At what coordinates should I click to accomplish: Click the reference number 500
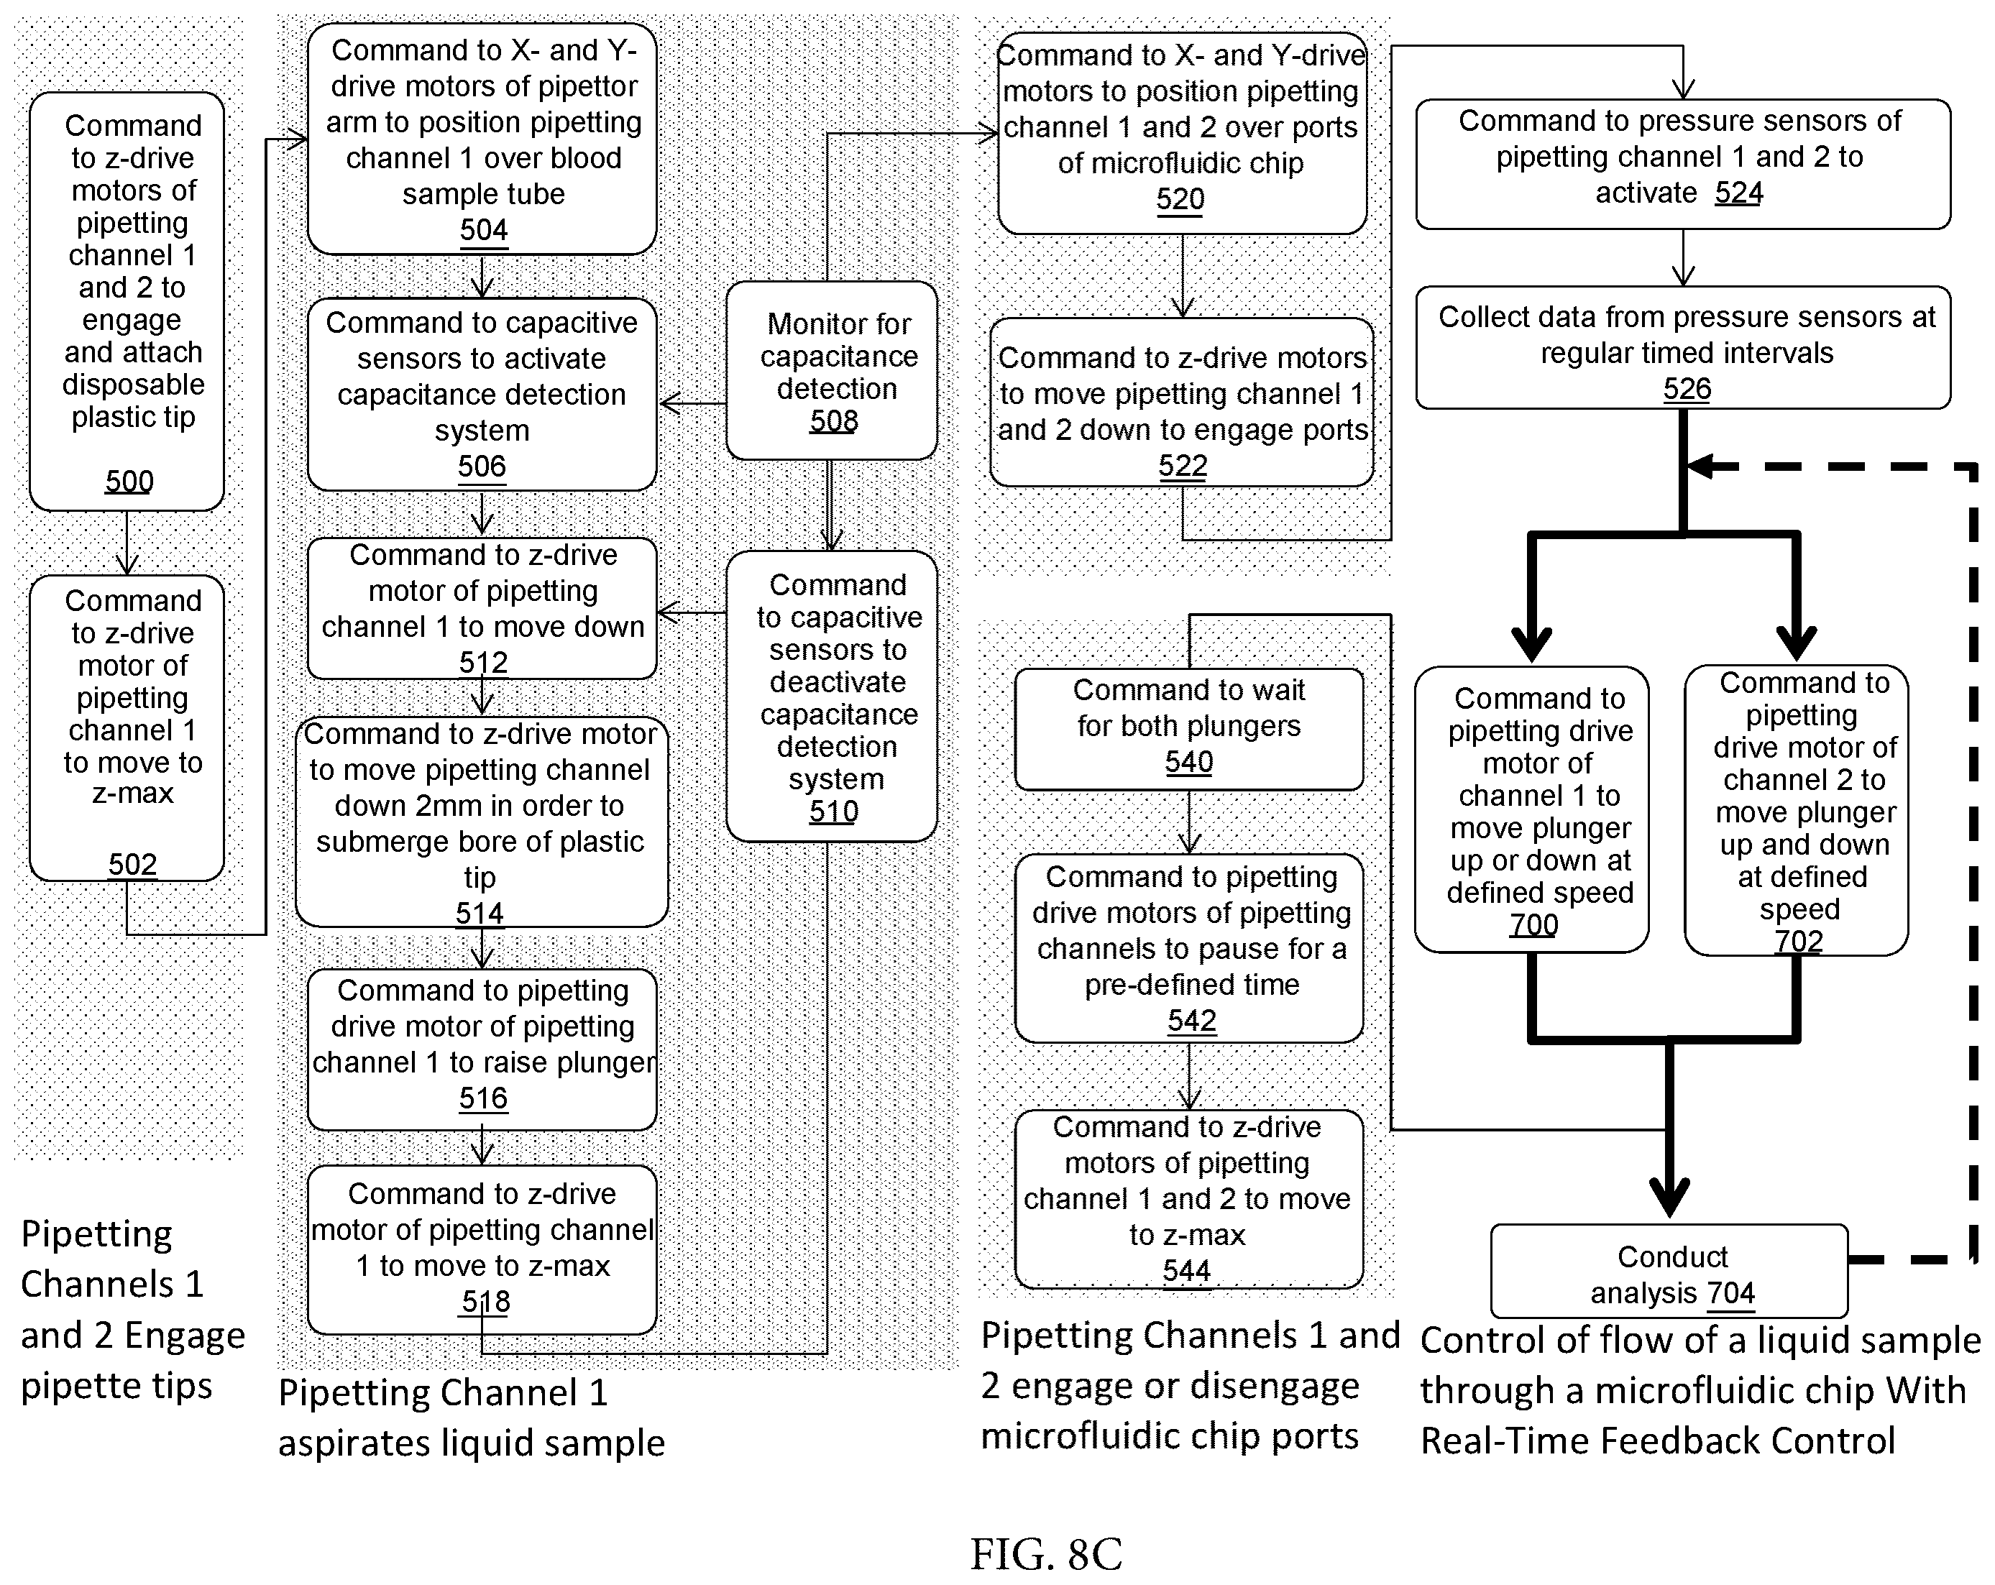click(x=129, y=481)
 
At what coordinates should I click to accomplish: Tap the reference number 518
click(x=485, y=1302)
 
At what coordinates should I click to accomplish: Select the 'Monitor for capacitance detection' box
click(x=832, y=370)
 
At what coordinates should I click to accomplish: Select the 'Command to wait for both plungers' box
click(x=1189, y=729)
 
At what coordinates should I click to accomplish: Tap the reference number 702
click(x=1799, y=940)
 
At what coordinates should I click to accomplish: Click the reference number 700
click(x=1533, y=924)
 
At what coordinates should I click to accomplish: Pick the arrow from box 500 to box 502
click(x=127, y=543)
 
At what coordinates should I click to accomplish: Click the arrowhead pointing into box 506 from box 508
click(x=670, y=403)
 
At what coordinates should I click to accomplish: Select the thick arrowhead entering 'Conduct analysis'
click(x=1669, y=1198)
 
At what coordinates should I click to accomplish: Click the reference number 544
click(x=1186, y=1270)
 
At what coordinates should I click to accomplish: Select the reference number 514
click(x=480, y=913)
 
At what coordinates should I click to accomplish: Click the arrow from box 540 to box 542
click(x=1189, y=822)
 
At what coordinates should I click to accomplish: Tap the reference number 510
click(x=834, y=812)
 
